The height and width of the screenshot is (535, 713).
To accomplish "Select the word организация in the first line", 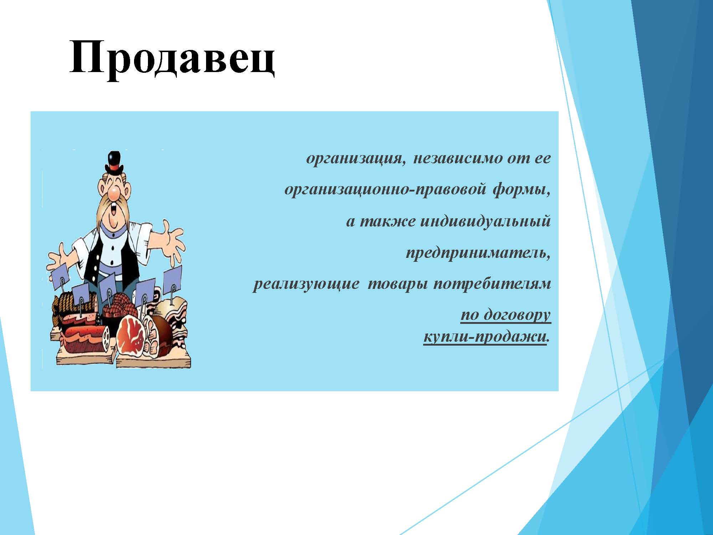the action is click(356, 158).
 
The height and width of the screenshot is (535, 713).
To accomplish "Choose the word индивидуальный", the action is click(486, 222).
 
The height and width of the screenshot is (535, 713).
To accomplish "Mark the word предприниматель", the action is click(478, 254).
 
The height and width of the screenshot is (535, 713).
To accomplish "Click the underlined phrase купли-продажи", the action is click(485, 337).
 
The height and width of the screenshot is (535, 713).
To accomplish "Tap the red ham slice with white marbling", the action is click(130, 335).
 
